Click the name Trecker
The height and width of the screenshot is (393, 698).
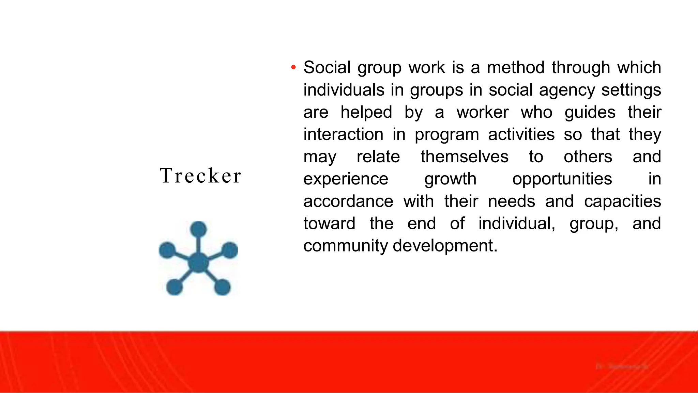pyautogui.click(x=200, y=176)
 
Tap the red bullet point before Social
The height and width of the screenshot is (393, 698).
pyautogui.click(x=293, y=67)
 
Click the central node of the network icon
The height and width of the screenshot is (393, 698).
pyautogui.click(x=198, y=262)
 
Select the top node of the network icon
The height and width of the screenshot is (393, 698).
pyautogui.click(x=198, y=229)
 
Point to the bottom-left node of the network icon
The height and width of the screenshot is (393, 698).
pyautogui.click(x=174, y=287)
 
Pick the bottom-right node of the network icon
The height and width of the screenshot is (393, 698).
pyautogui.click(x=222, y=287)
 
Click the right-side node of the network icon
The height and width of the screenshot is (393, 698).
pyautogui.click(x=230, y=250)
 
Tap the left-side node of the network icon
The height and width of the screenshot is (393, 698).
pyautogui.click(x=167, y=250)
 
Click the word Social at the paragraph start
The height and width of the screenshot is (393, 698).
pyautogui.click(x=327, y=67)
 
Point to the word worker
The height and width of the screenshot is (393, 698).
pyautogui.click(x=483, y=112)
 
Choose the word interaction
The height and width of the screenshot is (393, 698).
pyautogui.click(x=343, y=134)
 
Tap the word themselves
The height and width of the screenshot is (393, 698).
pyautogui.click(x=464, y=157)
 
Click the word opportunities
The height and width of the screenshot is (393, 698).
pyautogui.click(x=562, y=179)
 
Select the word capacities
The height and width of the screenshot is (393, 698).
pyautogui.click(x=622, y=201)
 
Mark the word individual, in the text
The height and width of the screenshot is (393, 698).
pyautogui.click(x=517, y=224)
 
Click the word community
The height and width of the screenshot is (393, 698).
pyautogui.click(x=345, y=246)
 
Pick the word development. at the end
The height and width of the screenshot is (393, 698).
pyautogui.click(x=445, y=246)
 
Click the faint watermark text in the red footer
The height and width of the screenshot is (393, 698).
pyautogui.click(x=622, y=367)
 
